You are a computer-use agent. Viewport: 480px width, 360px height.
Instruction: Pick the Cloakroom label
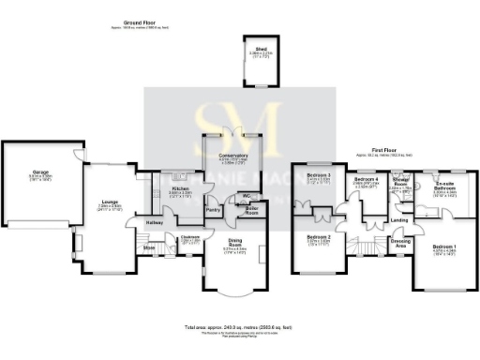point(191,237)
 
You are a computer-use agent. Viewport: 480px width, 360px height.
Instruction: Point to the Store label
point(148,247)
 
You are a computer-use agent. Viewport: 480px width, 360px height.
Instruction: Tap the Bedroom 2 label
point(320,237)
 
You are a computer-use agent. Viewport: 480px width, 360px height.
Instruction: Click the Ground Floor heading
point(141,21)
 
